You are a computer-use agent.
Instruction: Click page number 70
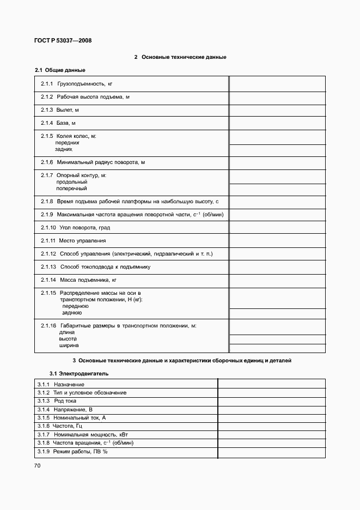coord(38,465)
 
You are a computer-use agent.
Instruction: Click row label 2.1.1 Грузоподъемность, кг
coord(77,84)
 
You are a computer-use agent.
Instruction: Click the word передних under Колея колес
coord(67,142)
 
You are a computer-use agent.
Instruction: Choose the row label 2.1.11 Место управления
coord(74,241)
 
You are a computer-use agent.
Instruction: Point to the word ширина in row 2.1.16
coord(69,345)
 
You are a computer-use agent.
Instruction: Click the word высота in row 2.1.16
coord(68,339)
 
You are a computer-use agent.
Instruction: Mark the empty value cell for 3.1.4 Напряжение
coord(271,409)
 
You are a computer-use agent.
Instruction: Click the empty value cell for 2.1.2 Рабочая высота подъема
coord(277,97)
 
